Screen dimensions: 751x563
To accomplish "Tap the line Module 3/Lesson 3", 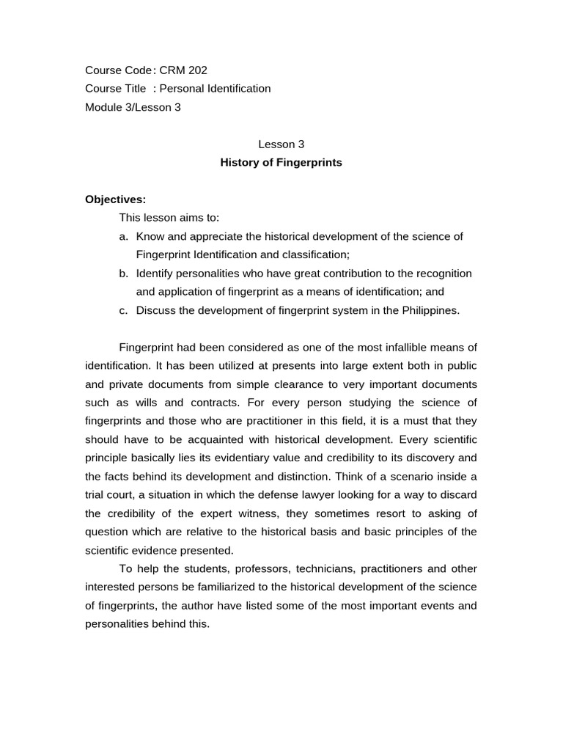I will coord(133,107).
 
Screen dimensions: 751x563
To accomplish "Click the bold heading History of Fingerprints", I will coord(281,163).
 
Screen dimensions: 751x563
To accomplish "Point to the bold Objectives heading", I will coord(115,199).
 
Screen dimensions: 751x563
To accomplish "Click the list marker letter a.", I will coord(122,236).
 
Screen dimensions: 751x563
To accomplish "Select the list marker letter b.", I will coord(122,274).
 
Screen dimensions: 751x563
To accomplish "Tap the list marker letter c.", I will coord(122,310).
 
